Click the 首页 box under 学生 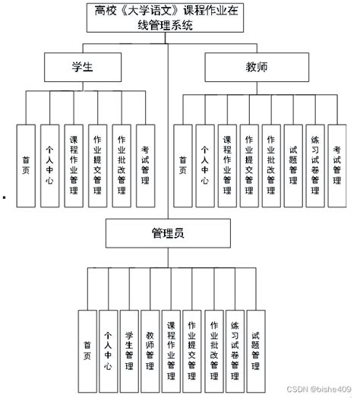pos(27,166)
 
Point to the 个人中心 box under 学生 pos(50,166)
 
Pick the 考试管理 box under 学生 pos(145,166)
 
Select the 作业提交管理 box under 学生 pos(97,166)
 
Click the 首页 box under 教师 pos(182,166)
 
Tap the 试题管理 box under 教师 pos(293,166)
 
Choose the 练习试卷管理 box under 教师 pos(315,166)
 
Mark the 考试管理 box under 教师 pos(337,166)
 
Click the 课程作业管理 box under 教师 pos(227,166)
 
